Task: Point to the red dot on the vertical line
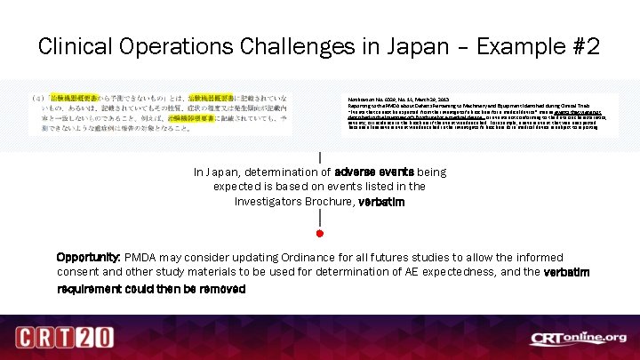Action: pos(319,234)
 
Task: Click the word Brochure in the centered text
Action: pos(324,202)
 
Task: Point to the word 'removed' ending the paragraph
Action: pos(221,289)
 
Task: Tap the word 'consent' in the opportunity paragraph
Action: pos(79,271)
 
